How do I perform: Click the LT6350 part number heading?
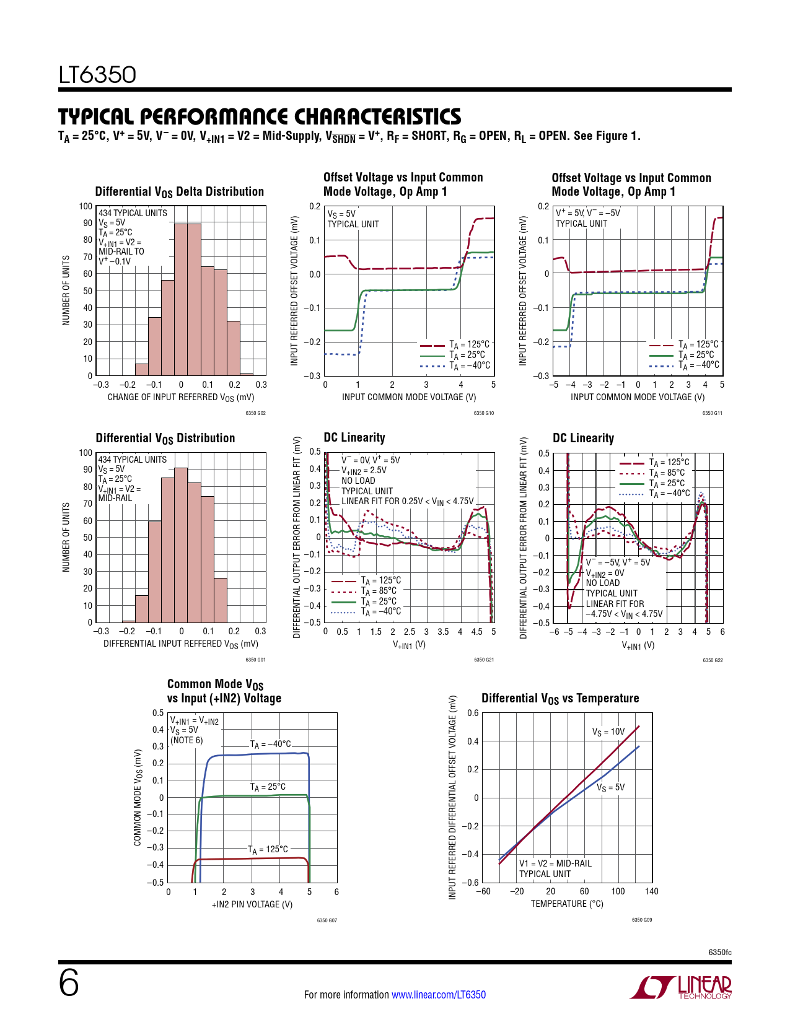click(97, 75)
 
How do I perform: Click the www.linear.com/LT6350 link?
click(439, 995)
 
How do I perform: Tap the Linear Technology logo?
click(681, 987)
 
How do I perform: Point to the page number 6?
click(69, 983)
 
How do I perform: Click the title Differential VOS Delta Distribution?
click(180, 191)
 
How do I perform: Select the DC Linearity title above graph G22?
click(583, 438)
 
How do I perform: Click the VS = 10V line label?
click(608, 732)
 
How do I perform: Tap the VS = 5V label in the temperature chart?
click(611, 787)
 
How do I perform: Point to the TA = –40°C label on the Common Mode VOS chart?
click(270, 744)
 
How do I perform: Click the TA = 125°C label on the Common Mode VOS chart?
click(268, 849)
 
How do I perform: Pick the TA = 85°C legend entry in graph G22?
click(667, 473)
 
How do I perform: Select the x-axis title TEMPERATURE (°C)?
click(567, 904)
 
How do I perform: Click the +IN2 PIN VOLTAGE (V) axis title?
click(252, 904)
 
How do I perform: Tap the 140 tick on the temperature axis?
click(652, 891)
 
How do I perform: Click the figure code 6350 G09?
click(642, 920)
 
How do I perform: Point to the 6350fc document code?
click(720, 952)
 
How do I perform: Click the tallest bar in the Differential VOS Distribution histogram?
click(181, 545)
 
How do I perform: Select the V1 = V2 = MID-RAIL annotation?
click(555, 863)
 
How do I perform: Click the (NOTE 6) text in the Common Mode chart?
click(187, 740)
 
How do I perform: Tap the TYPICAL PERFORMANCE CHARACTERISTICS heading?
click(260, 116)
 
